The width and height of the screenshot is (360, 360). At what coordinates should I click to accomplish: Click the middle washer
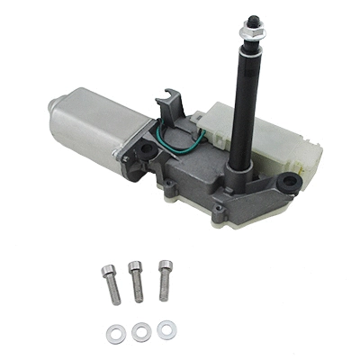pos(139,330)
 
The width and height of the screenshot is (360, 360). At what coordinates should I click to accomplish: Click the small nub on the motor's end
pos(46,107)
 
